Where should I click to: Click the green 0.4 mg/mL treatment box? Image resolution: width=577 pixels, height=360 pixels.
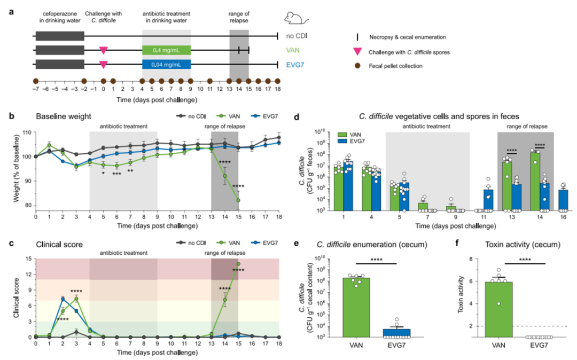pos(166,50)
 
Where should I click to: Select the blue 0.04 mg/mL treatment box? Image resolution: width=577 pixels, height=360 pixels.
pos(166,64)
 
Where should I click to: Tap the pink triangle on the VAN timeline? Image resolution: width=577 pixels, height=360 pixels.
pos(104,50)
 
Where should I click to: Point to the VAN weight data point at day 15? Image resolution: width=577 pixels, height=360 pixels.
pos(238,200)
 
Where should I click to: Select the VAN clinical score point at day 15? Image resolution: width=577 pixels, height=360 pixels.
pos(238,264)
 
